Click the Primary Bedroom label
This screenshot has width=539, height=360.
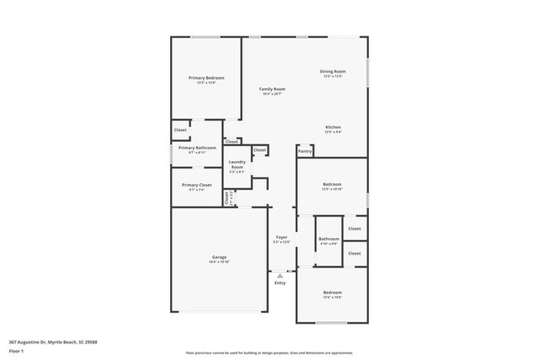pos(206,77)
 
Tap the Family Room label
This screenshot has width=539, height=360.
pos(272,89)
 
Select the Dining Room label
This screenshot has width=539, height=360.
pos(332,71)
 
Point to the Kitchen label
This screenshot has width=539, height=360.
pos(333,127)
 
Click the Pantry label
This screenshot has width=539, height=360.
pos(305,152)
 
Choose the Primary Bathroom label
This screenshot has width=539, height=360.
pos(197,148)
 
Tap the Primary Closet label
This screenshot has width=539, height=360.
pos(197,185)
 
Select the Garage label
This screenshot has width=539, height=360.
pos(219,257)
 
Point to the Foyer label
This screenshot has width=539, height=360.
pos(282,237)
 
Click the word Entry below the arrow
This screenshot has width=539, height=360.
pos(279,283)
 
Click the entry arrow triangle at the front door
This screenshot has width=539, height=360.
pos(279,275)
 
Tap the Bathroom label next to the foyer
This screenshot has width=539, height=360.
pos(328,240)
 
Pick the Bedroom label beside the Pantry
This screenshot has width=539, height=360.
pos(332,185)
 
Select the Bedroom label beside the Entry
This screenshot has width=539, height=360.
pos(332,293)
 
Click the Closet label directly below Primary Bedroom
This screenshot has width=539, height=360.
pos(180,130)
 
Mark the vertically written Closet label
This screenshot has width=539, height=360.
pos(226,197)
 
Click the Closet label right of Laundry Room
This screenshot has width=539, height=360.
pos(260,150)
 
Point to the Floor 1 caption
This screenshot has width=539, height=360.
pos(17,351)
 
